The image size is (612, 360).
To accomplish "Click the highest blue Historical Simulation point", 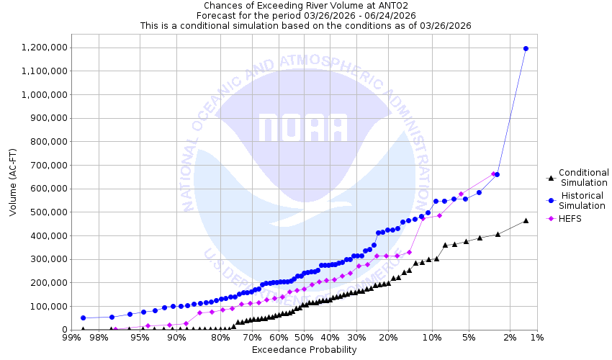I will pyautogui.click(x=526, y=48).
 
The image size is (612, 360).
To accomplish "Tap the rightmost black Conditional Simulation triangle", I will pyautogui.click(x=526, y=220).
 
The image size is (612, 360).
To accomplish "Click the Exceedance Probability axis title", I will pyautogui.click(x=304, y=350).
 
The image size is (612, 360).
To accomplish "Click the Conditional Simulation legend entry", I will pyautogui.click(x=583, y=177).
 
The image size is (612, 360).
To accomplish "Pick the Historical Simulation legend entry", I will pyautogui.click(x=583, y=201).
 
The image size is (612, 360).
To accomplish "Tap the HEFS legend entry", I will pyautogui.click(x=573, y=218).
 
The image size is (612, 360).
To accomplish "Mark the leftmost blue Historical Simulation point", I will pyautogui.click(x=83, y=318).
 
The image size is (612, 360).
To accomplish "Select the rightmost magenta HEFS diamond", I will pyautogui.click(x=493, y=174).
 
